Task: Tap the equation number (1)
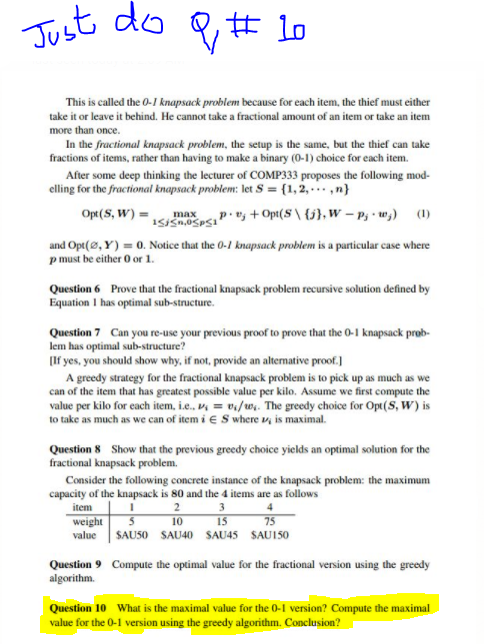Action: tap(426, 213)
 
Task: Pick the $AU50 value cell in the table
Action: tap(134, 534)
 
